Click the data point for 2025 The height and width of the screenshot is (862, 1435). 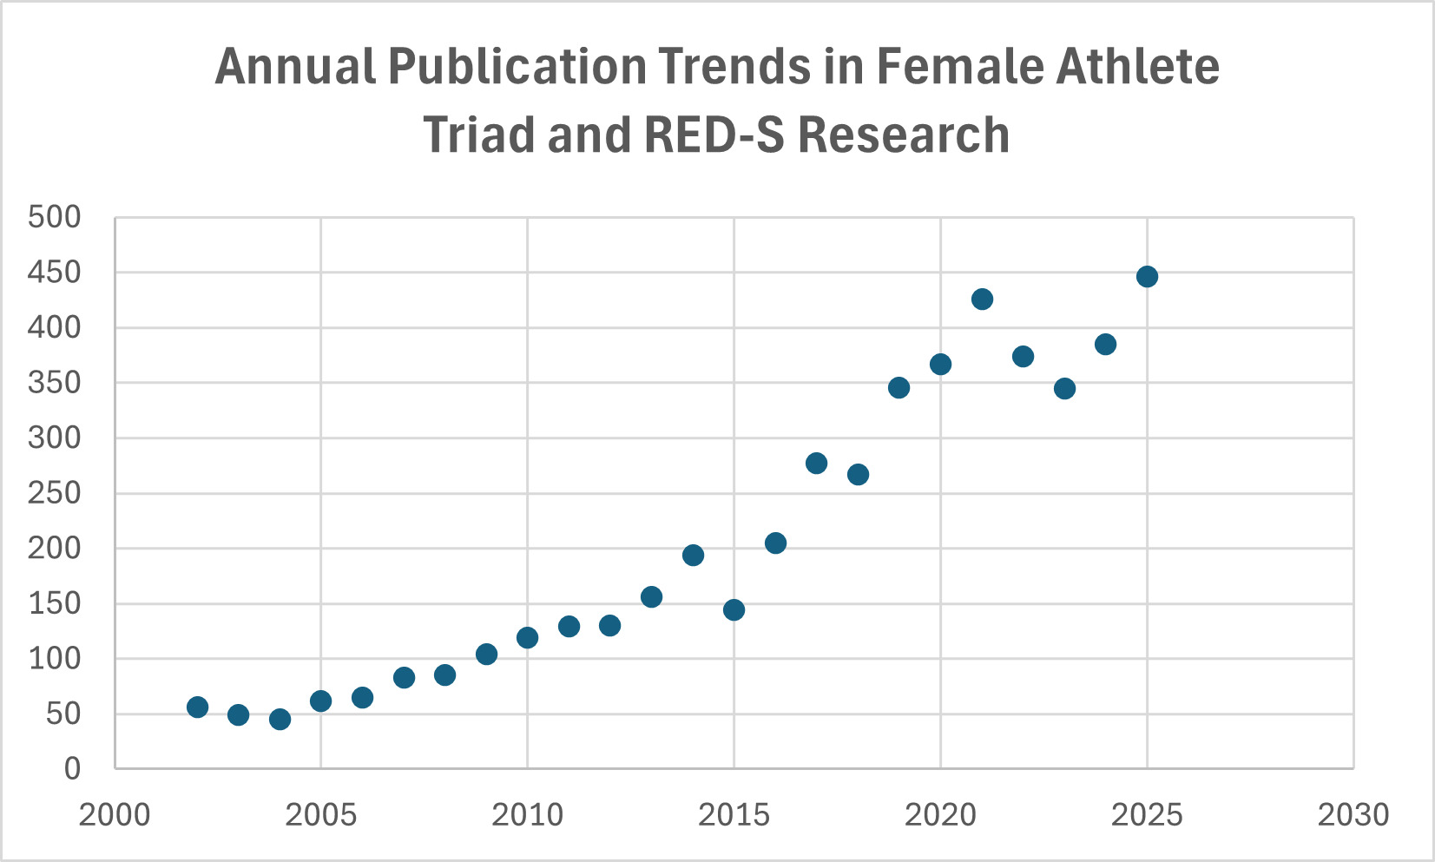pos(1147,277)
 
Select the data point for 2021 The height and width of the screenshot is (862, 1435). pos(982,299)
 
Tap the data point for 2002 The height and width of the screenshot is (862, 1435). pos(197,707)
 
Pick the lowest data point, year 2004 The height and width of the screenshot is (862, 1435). pos(280,719)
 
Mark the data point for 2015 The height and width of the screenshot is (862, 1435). pos(734,609)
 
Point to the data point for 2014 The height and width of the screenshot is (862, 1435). pos(693,555)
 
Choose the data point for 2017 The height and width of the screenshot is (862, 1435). pos(816,463)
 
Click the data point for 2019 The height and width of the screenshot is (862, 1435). pos(899,387)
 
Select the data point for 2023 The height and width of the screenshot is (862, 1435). pos(1064,388)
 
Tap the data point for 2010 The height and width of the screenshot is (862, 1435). pos(527,637)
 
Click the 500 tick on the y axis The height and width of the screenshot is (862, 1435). pos(54,217)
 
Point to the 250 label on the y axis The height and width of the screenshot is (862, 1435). pos(54,493)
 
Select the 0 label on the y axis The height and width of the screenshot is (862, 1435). pos(72,768)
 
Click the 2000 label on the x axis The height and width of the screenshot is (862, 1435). pos(115,815)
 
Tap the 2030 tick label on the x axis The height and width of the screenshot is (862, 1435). pos(1353,815)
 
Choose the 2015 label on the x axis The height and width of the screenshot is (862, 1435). pos(734,815)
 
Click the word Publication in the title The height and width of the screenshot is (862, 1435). pos(517,67)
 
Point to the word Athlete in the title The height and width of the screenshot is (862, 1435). pos(1137,67)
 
